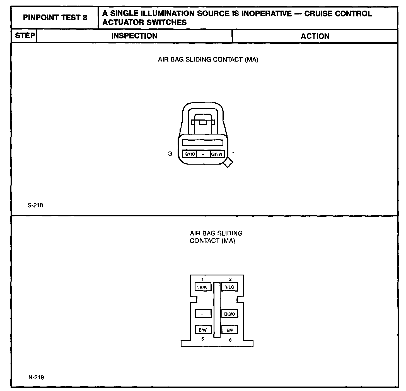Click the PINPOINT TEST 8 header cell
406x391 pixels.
point(55,18)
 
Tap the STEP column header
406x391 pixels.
point(25,36)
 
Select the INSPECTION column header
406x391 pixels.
point(134,36)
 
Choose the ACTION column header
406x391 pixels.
point(315,36)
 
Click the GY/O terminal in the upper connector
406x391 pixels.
point(190,154)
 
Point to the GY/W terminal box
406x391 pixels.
point(217,154)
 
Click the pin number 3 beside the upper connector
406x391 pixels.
point(170,154)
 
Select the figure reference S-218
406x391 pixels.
point(35,206)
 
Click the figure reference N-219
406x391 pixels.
point(36,378)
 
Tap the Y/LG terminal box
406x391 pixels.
point(229,287)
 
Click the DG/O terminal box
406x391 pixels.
point(229,314)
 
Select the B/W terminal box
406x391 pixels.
point(203,330)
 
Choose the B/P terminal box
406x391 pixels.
point(230,330)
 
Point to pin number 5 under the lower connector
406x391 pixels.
point(203,339)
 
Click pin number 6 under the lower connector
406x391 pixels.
point(230,340)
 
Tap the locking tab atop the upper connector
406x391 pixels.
point(203,122)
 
